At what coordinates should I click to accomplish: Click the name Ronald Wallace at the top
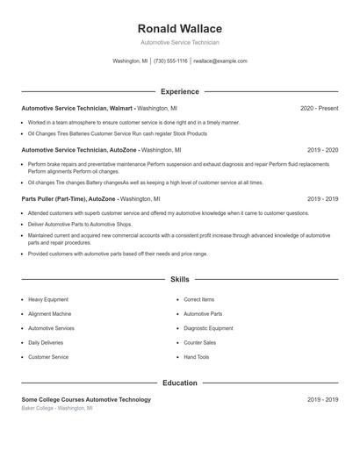[180, 29]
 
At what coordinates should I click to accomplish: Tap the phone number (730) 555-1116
[170, 61]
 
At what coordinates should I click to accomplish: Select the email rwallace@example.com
[220, 61]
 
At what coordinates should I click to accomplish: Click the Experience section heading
[180, 91]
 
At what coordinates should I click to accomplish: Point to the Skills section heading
[180, 280]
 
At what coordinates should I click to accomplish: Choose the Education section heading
[180, 383]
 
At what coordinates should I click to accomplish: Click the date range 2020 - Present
[319, 108]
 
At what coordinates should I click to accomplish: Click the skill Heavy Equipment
[49, 299]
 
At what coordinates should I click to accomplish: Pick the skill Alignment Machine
[50, 313]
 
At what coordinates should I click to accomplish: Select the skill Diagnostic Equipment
[208, 328]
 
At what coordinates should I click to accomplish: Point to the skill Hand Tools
[197, 357]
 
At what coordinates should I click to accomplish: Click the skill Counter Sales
[199, 342]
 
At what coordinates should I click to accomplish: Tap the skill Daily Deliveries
[46, 342]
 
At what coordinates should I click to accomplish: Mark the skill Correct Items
[199, 299]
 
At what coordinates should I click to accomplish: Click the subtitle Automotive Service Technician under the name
[180, 42]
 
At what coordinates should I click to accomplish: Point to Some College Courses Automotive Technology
[86, 399]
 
